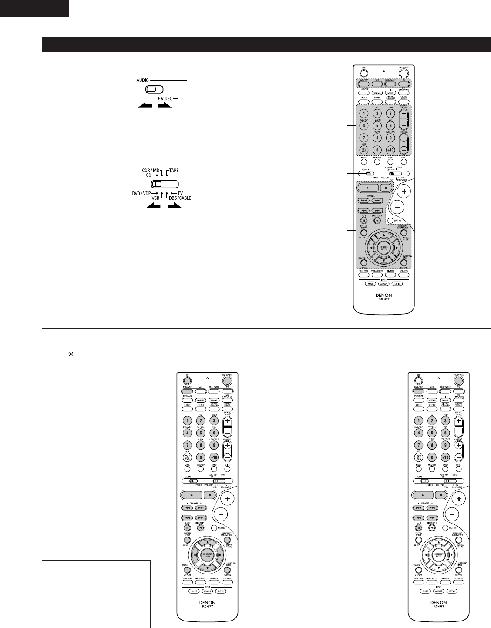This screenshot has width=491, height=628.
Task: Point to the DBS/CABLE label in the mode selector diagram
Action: (x=181, y=198)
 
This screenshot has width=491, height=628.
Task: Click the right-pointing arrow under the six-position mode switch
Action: (x=173, y=205)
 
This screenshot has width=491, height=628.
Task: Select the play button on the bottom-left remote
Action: (x=192, y=495)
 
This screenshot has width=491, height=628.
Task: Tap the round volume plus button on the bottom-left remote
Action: (x=228, y=497)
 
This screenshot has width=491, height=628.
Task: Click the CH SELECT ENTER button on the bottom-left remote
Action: (x=207, y=555)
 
